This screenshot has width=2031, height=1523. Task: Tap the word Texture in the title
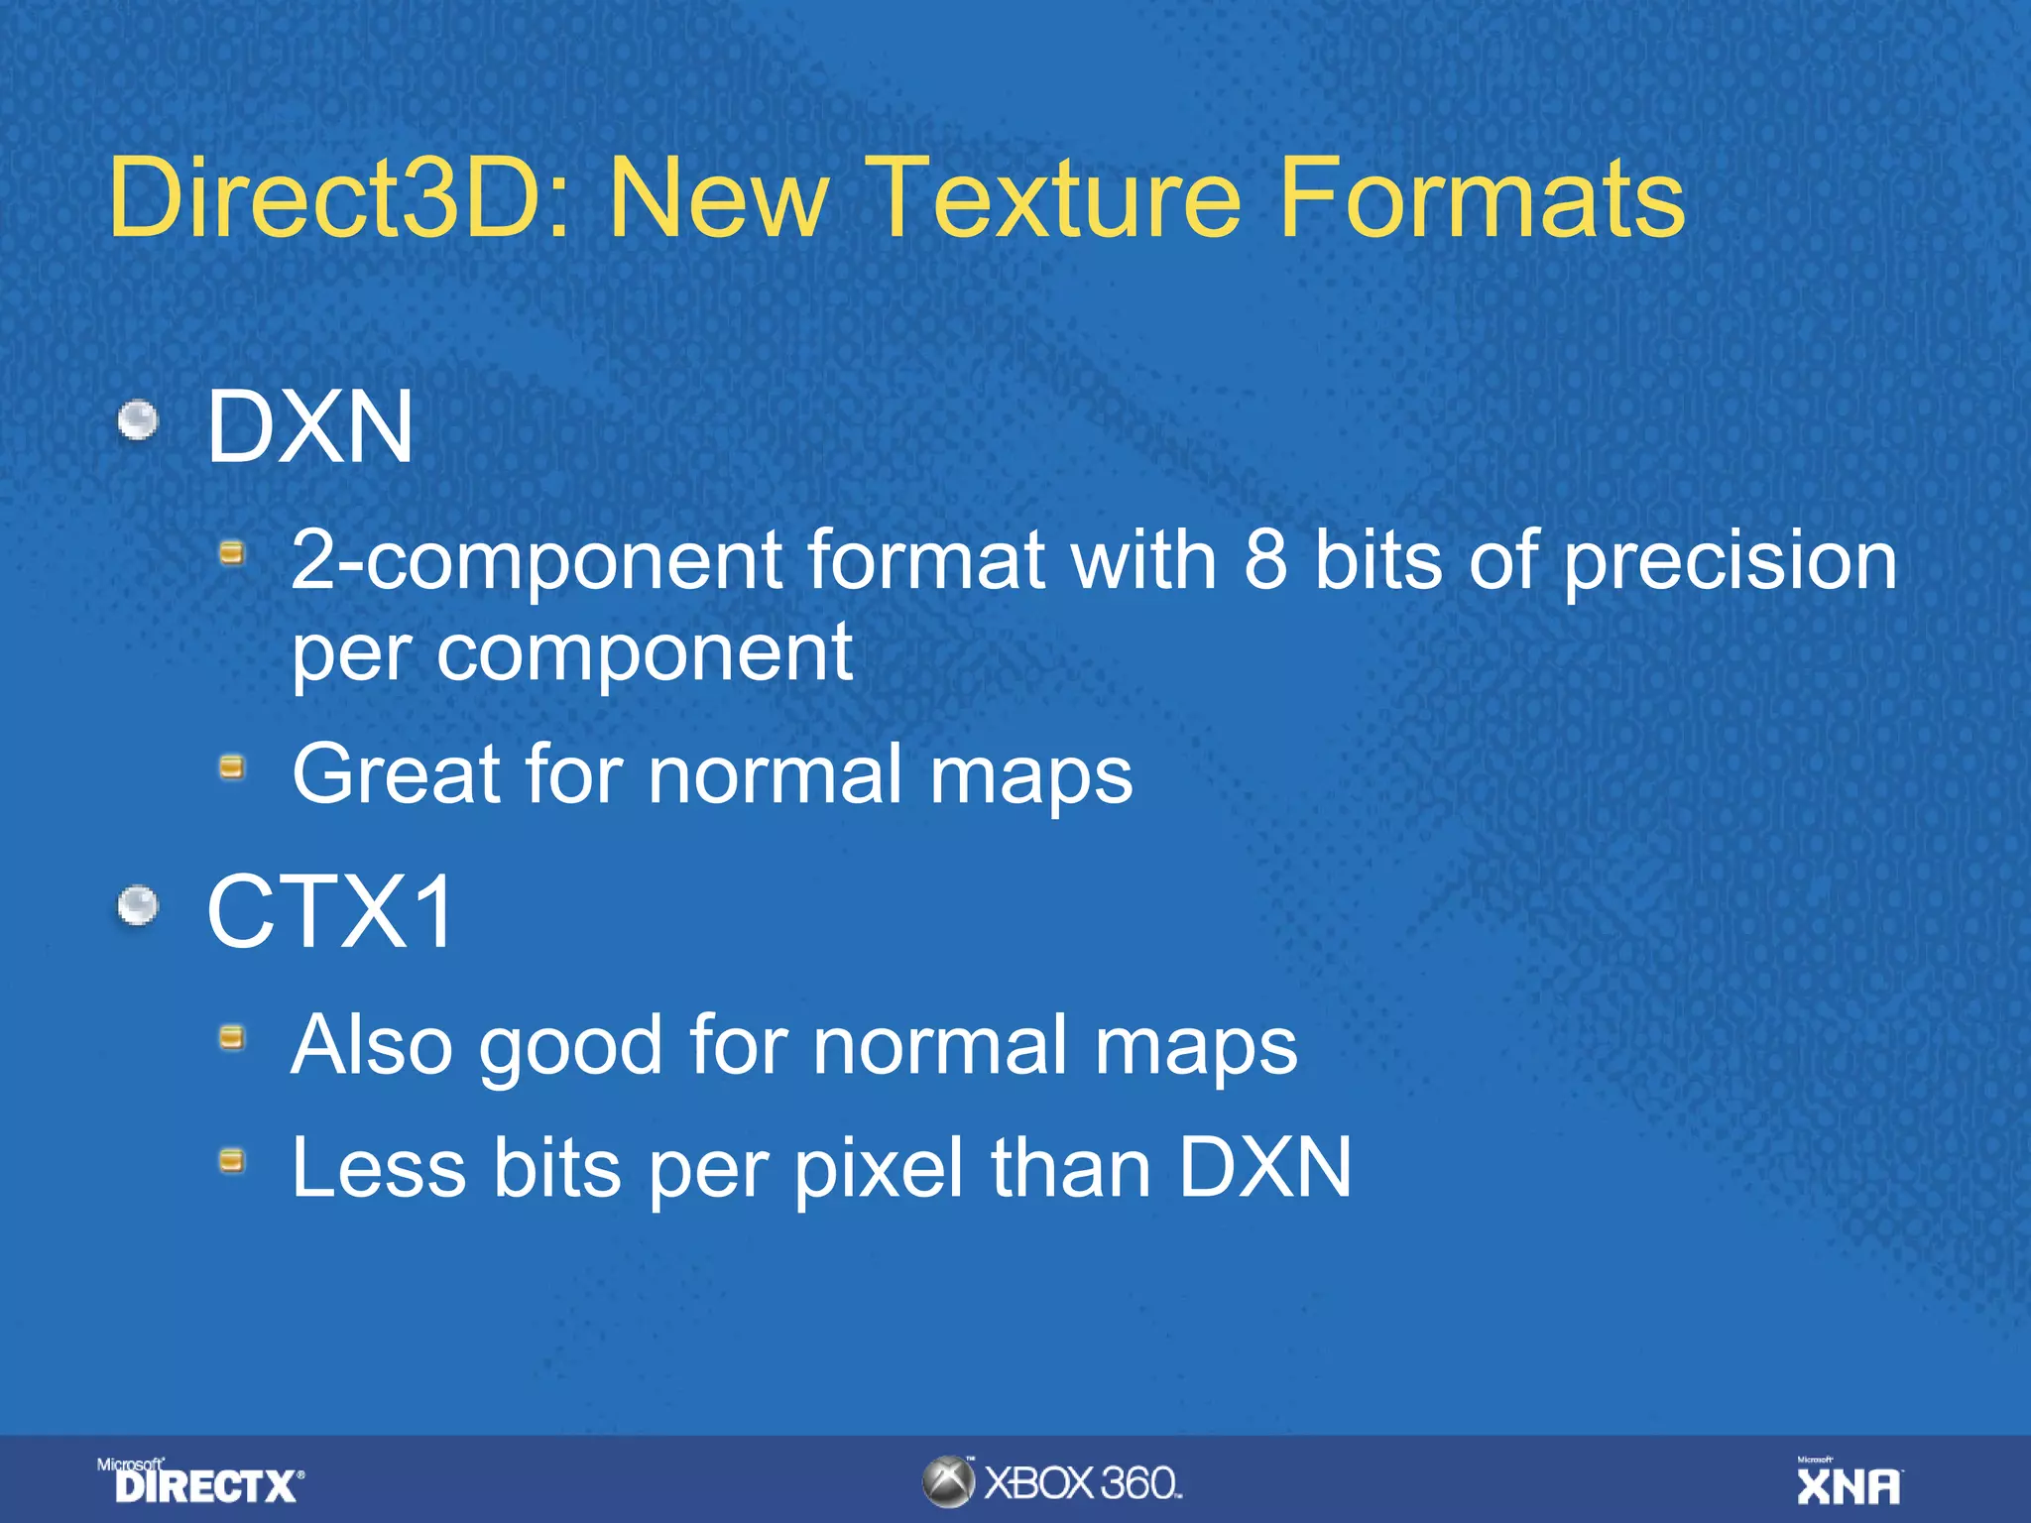(1057, 198)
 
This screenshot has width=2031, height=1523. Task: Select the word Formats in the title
(1482, 198)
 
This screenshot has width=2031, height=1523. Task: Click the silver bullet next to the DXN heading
(138, 420)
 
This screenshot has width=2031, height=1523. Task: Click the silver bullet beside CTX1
(138, 905)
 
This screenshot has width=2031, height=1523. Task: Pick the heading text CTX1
(329, 911)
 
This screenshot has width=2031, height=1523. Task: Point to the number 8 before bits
(1266, 560)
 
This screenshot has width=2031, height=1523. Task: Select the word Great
(397, 773)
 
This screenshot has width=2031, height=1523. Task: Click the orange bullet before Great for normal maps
(232, 766)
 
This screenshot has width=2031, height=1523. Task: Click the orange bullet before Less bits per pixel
(232, 1160)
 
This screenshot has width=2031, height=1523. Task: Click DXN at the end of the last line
(1265, 1167)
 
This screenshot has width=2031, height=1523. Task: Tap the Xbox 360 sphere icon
(949, 1482)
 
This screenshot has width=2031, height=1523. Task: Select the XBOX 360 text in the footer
(1083, 1483)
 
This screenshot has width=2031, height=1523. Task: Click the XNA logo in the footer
(1849, 1482)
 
